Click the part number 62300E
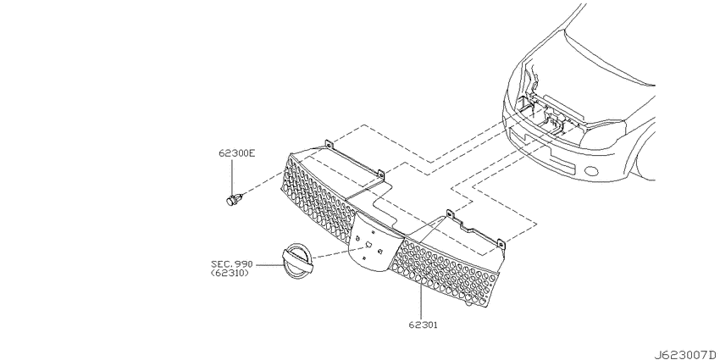point(236,153)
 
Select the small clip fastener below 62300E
point(235,199)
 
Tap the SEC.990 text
point(232,264)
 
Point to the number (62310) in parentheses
point(230,273)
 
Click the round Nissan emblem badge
point(297,261)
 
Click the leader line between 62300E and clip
point(232,177)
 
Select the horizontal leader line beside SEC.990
point(267,265)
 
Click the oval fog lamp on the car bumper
point(592,172)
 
